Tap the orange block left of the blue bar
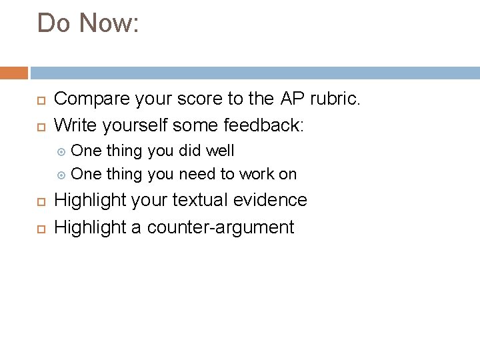coord(14,73)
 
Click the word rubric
coord(335,99)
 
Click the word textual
coord(200,200)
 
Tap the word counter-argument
coord(220,227)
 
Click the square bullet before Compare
coord(40,100)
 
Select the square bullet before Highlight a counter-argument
coord(40,228)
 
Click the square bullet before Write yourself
coord(40,125)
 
